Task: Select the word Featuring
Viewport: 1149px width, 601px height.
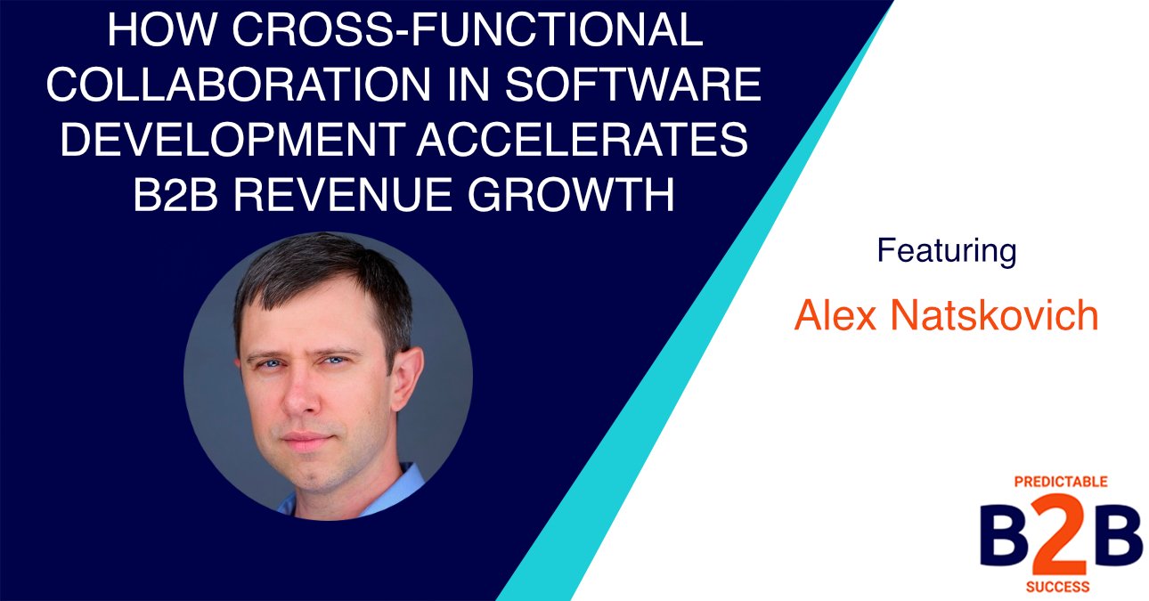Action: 946,251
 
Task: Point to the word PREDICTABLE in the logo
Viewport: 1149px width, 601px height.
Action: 1060,482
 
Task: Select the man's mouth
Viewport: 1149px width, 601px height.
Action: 307,442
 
